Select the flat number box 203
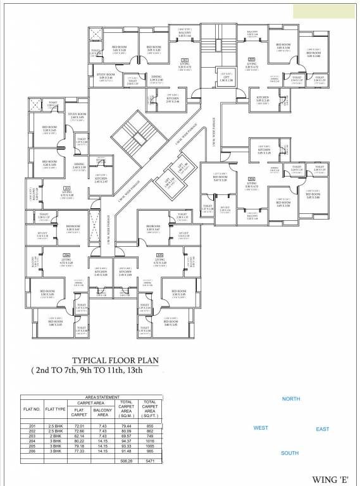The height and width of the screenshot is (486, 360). [252, 59]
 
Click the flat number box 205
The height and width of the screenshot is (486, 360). [160, 255]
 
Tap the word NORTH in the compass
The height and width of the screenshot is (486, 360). [290, 399]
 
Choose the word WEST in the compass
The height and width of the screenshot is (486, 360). [260, 428]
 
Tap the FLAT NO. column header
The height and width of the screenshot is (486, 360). [33, 410]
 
